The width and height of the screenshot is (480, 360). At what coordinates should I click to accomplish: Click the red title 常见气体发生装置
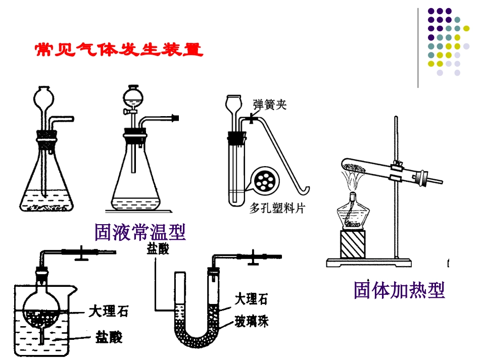point(119,50)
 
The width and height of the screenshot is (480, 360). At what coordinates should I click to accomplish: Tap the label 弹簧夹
point(270,105)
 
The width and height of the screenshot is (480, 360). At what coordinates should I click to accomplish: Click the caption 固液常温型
point(140,232)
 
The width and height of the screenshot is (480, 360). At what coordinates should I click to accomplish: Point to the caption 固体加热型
point(399,290)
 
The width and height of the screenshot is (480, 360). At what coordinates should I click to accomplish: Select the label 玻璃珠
point(251,321)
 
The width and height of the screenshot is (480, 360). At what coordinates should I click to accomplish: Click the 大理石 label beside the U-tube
point(251,299)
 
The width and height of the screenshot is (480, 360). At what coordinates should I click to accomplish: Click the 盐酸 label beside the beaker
point(108,337)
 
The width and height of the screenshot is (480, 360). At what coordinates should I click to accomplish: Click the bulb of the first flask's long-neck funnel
point(43,96)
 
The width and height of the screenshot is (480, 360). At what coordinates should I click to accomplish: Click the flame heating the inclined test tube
point(351,179)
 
